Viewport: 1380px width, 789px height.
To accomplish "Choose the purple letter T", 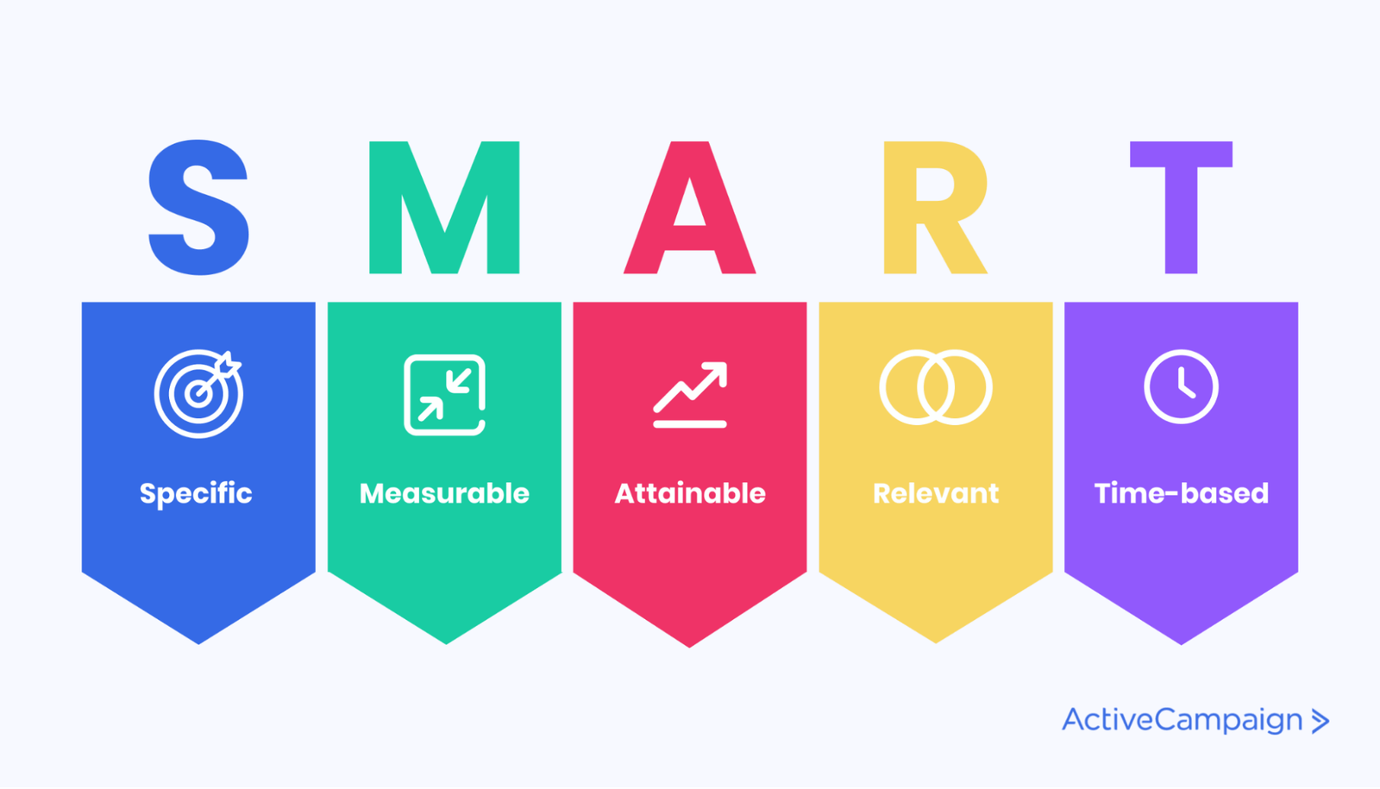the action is (x=1181, y=208).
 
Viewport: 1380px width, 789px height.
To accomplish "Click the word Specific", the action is (x=196, y=494).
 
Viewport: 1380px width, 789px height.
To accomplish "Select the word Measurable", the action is (x=444, y=493).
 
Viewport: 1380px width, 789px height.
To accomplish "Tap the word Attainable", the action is (x=690, y=493).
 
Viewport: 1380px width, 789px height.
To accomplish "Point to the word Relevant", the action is (x=936, y=493).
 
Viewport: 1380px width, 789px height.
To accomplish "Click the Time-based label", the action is (x=1181, y=493).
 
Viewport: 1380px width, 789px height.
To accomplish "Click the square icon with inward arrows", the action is (x=406, y=395).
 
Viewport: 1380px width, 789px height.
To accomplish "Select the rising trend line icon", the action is (x=690, y=423).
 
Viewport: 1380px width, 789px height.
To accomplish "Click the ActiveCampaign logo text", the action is (x=1182, y=721).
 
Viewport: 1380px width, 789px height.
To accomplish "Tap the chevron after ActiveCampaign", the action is (x=1320, y=721).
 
